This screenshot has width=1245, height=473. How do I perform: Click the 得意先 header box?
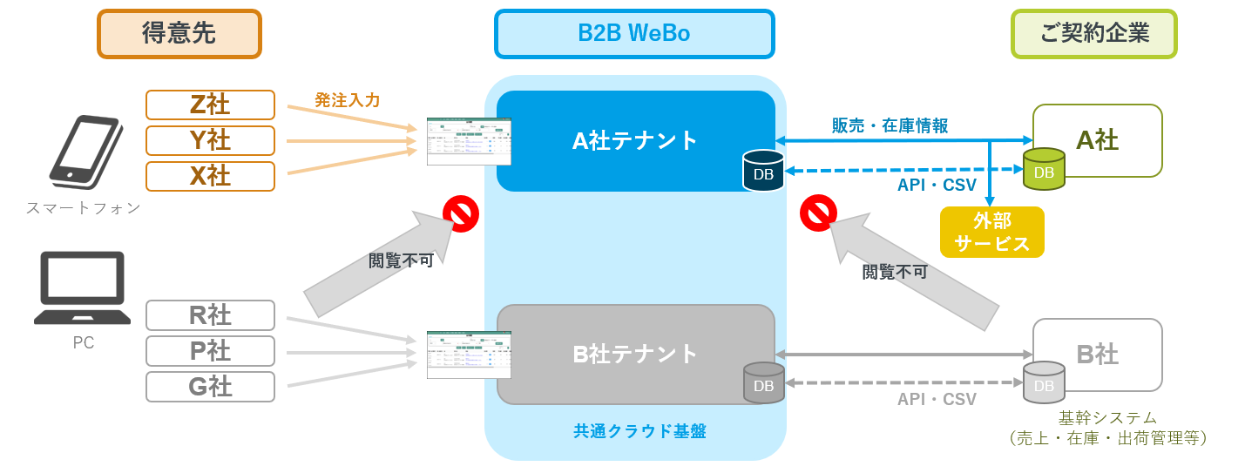coord(179,34)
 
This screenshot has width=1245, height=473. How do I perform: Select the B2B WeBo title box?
coord(633,34)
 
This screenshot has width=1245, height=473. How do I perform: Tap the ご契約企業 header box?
coord(1093,34)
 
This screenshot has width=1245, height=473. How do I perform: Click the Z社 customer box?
coord(210,105)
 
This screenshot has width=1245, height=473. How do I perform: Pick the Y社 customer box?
coord(210,140)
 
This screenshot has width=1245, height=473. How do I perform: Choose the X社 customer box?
coord(210,176)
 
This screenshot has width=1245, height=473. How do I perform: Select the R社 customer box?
coord(210,314)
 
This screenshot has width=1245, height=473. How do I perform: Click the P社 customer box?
coord(210,350)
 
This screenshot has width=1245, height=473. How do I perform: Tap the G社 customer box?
coord(210,386)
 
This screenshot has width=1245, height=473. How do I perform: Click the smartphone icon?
coord(85,152)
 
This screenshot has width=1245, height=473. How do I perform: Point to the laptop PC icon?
coord(83,288)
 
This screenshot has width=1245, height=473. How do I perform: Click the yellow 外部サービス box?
coord(991,232)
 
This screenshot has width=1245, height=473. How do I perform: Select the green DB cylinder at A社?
coord(1044,169)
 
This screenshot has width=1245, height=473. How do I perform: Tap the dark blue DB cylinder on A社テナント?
coord(763,171)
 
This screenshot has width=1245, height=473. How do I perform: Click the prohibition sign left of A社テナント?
coord(461,213)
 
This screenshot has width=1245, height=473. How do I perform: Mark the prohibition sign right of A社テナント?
coord(818,213)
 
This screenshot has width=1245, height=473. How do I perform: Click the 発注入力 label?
coord(347,100)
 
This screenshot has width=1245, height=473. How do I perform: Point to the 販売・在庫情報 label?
coord(890,125)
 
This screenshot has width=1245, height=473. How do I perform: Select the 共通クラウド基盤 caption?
coord(639,430)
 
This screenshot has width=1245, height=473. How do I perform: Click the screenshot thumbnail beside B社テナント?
coord(469,355)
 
